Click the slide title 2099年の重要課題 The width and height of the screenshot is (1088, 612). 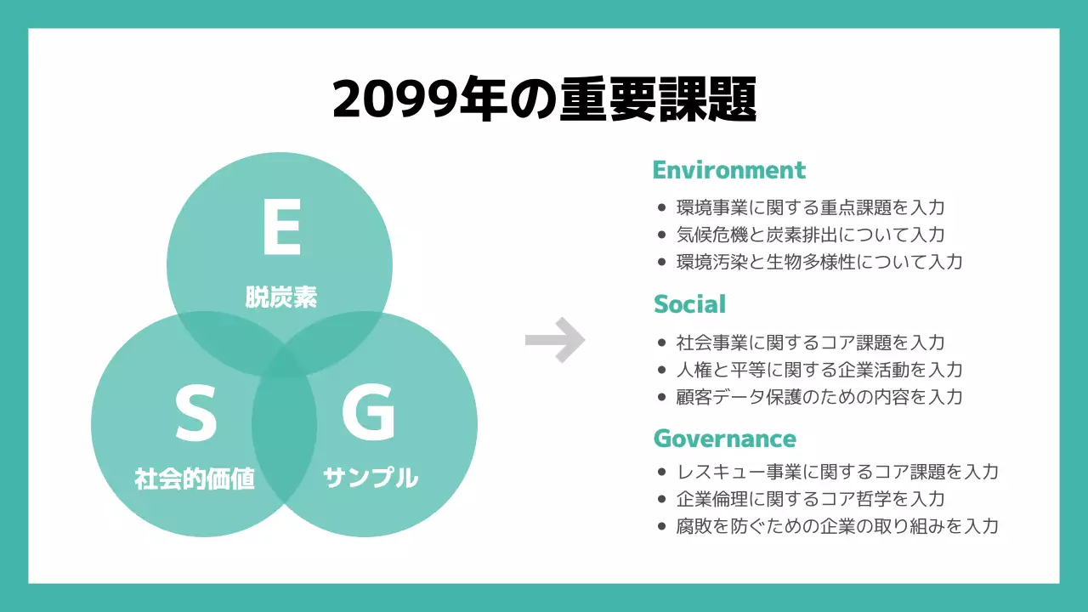(544, 100)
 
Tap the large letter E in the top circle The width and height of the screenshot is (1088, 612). (281, 229)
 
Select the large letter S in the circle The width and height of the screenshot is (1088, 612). (196, 413)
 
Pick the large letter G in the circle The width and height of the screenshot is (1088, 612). (368, 412)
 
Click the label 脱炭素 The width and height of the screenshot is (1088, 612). (281, 297)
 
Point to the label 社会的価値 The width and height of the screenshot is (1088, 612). (195, 479)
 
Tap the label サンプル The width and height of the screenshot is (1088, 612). (371, 478)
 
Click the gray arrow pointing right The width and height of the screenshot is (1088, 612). (555, 340)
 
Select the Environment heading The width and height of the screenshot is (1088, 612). (728, 170)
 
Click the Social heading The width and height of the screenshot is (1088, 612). (689, 304)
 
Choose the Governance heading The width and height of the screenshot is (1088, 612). (724, 439)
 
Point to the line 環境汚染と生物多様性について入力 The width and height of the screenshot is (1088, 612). (819, 262)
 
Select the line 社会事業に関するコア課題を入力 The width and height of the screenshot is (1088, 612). (810, 343)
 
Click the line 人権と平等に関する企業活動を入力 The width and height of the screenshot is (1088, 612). (819, 370)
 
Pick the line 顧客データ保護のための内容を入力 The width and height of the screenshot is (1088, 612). (819, 397)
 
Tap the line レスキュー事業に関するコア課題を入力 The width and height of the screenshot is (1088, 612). (837, 472)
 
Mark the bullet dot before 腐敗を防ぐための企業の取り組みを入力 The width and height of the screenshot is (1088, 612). (661, 527)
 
